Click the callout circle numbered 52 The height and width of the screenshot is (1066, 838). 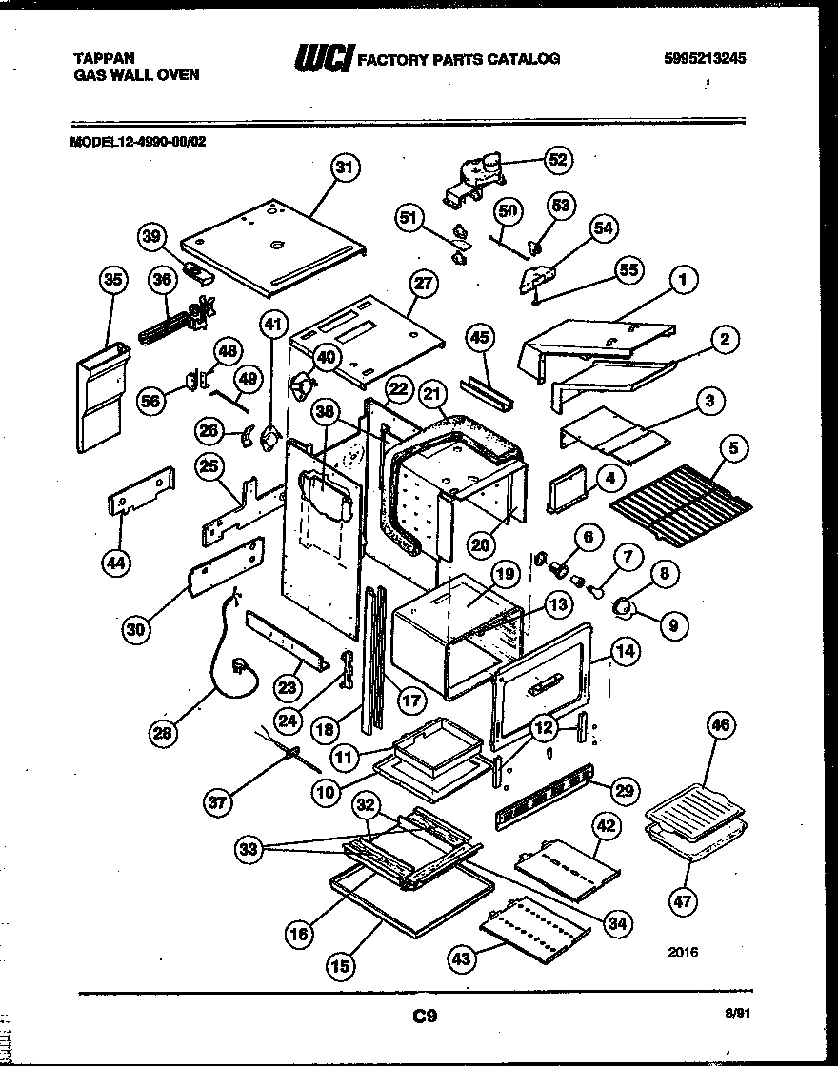558,160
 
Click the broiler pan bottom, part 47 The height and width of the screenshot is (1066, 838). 691,843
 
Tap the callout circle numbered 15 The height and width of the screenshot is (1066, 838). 342,965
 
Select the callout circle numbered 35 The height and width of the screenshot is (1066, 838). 113,280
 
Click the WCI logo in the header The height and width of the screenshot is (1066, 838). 323,60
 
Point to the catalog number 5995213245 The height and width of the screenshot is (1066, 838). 704,58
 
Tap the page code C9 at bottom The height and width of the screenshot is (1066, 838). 425,1017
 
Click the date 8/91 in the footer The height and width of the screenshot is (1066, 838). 750,1017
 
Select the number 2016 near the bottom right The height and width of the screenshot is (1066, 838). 683,951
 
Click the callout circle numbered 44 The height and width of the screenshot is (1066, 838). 116,563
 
